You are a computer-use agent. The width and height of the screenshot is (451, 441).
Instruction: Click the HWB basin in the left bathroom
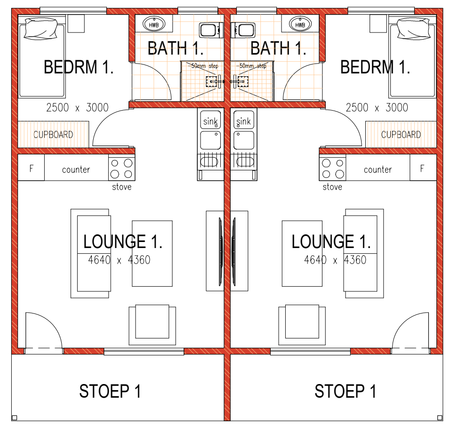(154, 24)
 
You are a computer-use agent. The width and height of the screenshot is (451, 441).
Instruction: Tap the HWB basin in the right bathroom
(300, 24)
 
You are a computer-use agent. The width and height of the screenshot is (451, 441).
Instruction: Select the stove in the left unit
(121, 168)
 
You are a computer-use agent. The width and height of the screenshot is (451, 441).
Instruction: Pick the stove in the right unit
(332, 168)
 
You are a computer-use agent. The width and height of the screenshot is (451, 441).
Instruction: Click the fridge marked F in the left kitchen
(31, 168)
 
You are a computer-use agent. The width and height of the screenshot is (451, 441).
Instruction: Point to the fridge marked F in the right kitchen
(423, 168)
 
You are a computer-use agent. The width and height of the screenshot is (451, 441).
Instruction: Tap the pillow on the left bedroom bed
(40, 28)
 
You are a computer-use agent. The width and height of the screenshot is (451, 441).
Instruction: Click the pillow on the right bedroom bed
(414, 28)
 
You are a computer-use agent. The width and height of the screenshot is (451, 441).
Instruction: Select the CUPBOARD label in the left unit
(53, 135)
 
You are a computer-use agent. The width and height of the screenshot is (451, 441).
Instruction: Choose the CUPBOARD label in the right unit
(401, 135)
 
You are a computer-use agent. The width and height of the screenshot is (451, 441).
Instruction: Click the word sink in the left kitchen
(211, 121)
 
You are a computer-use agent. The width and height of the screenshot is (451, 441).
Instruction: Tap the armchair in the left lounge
(152, 325)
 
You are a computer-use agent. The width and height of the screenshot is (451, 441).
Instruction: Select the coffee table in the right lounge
(302, 254)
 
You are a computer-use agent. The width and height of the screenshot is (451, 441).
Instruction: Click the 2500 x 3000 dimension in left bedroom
(77, 107)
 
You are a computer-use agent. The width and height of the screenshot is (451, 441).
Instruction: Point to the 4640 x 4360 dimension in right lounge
(335, 260)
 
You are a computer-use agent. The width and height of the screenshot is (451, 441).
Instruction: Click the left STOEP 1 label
(110, 391)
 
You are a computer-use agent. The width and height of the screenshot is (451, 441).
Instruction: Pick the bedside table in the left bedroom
(76, 24)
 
